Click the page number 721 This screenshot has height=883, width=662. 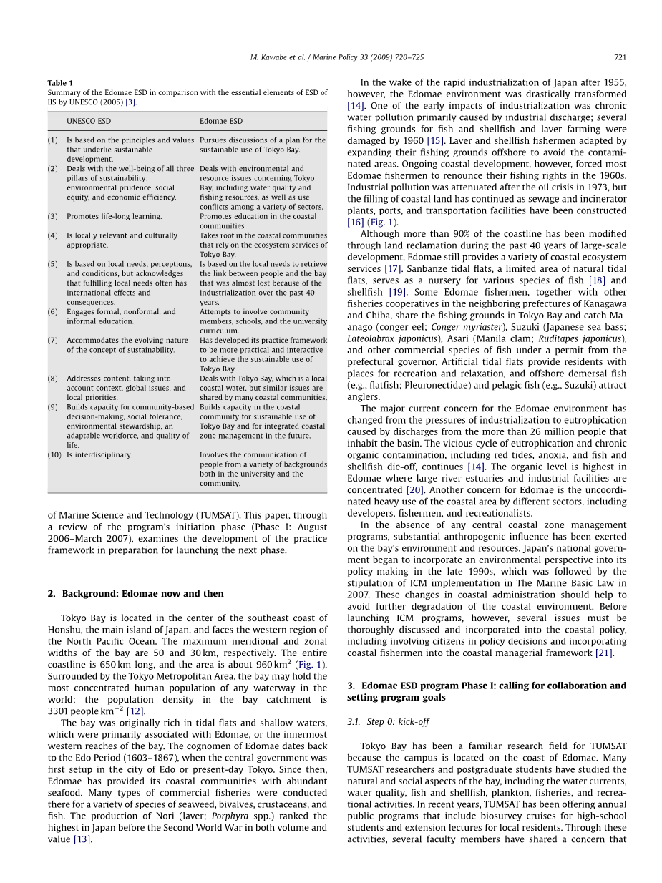[620, 57]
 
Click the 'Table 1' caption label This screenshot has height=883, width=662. [60, 83]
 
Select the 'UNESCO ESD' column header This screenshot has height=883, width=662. [89, 122]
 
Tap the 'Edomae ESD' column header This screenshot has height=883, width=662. [220, 122]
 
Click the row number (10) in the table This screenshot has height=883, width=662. [54, 455]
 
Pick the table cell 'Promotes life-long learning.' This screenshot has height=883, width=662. [115, 217]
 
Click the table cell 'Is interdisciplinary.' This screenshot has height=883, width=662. [99, 455]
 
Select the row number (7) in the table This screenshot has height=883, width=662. [53, 341]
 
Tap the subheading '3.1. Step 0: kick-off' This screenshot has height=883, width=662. [388, 722]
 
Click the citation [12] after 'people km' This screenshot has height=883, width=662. [135, 711]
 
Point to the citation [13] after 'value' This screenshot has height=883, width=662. [82, 839]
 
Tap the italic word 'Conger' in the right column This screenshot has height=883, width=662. [445, 327]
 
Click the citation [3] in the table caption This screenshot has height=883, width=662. [130, 102]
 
